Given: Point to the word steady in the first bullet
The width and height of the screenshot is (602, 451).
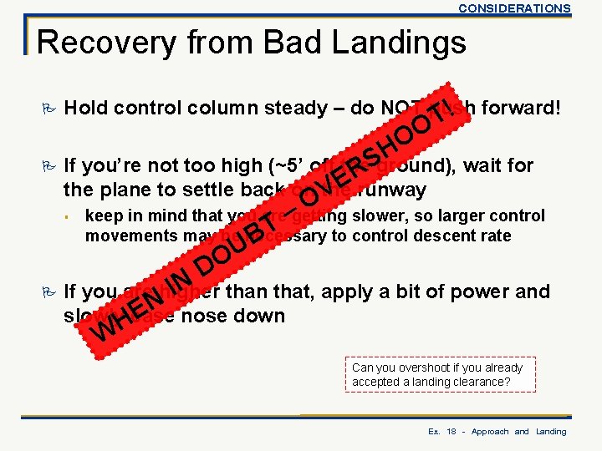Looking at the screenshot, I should pyautogui.click(x=309, y=108).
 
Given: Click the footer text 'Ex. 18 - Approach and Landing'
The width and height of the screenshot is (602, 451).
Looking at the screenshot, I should pyautogui.click(x=497, y=432).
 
